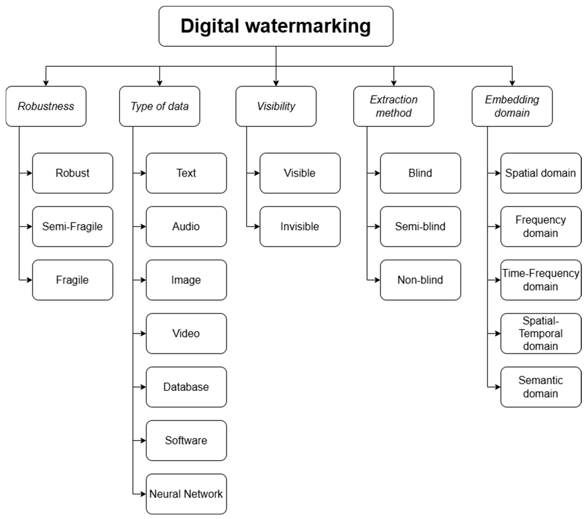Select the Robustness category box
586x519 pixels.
click(46, 106)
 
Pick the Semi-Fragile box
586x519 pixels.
click(73, 227)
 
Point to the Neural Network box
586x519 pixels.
click(186, 494)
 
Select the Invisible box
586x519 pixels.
click(300, 227)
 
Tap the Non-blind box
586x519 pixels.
click(420, 280)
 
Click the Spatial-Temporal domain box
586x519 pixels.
click(541, 333)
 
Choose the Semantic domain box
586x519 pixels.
click(541, 387)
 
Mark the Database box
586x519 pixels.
click(186, 387)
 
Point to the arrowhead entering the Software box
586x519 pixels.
click(143, 440)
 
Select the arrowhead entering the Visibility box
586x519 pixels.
click(276, 83)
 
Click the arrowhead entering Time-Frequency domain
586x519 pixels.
click(498, 280)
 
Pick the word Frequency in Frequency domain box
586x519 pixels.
click(541, 220)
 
